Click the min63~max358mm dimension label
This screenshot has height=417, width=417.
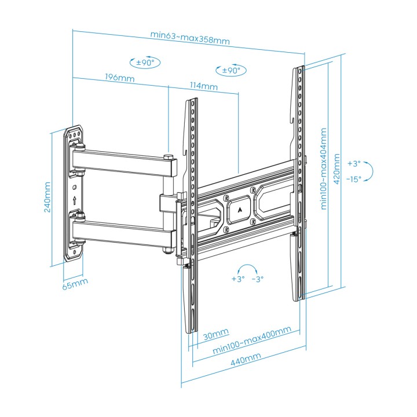point(190,38)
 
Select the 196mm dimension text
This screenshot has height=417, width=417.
point(120,78)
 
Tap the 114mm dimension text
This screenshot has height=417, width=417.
point(203,86)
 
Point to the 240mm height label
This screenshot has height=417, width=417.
point(47,197)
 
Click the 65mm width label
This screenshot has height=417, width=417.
point(75,284)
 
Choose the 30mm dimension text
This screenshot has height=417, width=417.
point(215,334)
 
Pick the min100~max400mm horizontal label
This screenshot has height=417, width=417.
point(252,340)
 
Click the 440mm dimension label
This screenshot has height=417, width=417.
point(246,359)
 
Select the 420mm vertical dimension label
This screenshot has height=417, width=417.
point(336,169)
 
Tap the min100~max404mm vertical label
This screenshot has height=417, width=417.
point(323,169)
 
